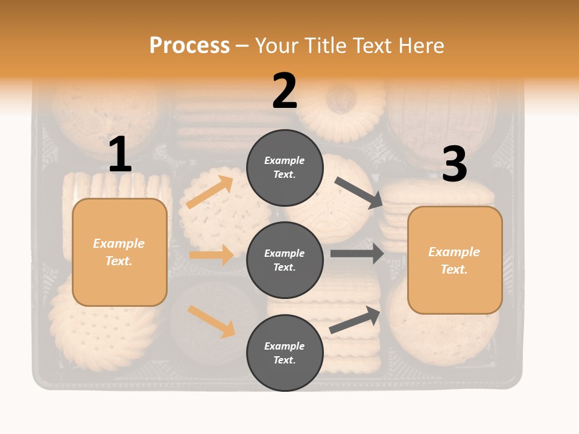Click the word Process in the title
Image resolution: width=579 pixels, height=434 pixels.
tap(189, 46)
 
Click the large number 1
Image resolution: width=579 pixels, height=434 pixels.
tap(120, 154)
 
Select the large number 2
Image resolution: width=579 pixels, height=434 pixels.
tap(285, 91)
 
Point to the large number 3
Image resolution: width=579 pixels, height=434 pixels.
tap(454, 164)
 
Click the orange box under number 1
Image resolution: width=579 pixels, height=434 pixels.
tap(119, 252)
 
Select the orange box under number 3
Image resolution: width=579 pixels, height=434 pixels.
tap(455, 260)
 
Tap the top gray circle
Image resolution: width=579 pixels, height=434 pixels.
tap(285, 168)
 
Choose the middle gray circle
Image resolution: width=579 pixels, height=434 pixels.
tap(285, 260)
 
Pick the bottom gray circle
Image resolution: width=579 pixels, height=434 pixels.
tap(285, 353)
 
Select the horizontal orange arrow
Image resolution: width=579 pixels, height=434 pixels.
tap(212, 255)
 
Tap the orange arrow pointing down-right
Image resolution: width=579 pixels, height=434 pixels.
tap(212, 321)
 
